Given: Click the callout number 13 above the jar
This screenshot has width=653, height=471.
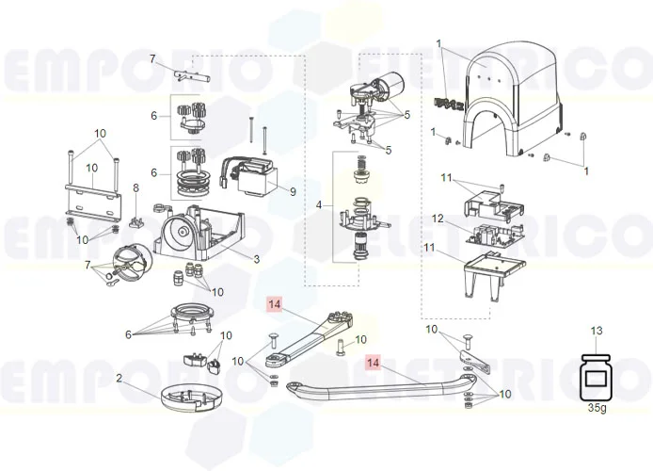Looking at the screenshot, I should click(595, 331).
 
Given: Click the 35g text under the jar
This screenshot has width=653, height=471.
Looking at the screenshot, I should click(595, 408).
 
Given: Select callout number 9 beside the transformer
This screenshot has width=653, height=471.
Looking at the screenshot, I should click(293, 191).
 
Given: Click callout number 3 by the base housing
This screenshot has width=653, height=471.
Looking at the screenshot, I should click(255, 258).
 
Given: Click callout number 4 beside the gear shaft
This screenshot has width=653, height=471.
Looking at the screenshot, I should click(320, 204).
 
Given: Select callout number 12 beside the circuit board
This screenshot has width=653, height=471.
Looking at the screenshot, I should click(438, 219).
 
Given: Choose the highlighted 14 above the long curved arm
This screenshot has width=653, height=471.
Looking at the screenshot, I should click(374, 362).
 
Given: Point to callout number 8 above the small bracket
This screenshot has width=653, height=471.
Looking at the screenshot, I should click(135, 188).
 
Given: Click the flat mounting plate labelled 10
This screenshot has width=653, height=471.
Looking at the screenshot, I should click(93, 197).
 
